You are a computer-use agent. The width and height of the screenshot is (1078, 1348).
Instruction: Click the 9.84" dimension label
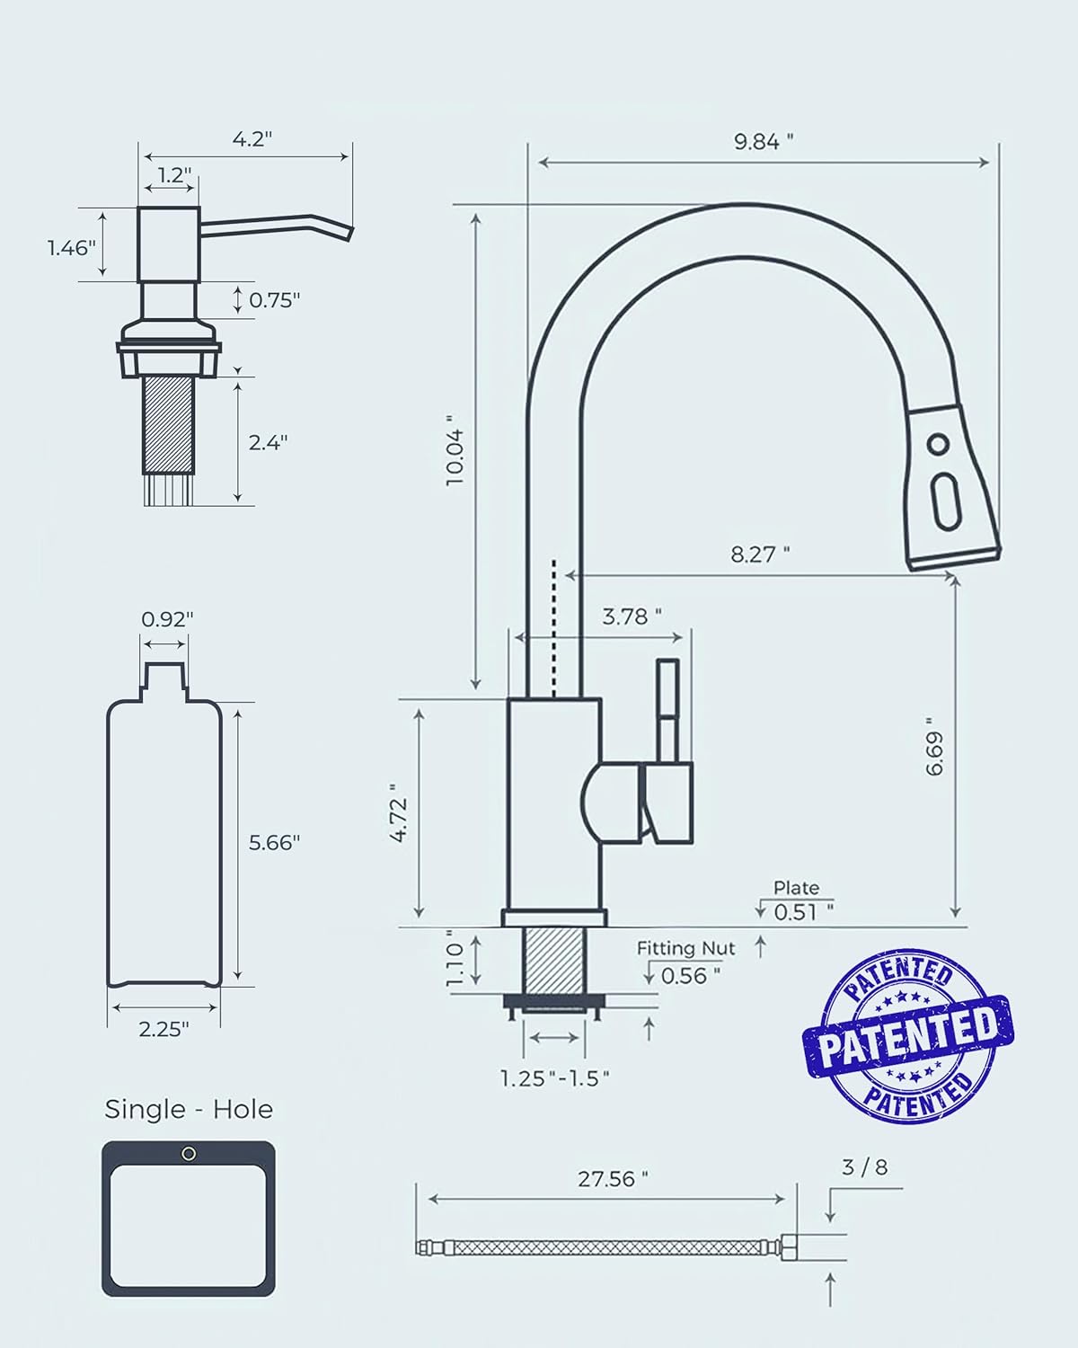[x=764, y=141]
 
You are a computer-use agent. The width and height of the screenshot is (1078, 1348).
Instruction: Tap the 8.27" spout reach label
[x=760, y=554]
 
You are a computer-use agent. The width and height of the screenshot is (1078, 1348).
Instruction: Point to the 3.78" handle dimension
[x=632, y=616]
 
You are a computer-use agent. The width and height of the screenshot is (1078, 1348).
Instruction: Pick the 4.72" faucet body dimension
[x=401, y=819]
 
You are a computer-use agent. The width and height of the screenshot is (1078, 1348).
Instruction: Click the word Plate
[x=797, y=888]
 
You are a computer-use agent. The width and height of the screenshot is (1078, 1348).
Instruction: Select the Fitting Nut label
[x=686, y=948]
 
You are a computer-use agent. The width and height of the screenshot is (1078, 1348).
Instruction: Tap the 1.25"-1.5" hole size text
[x=555, y=1078]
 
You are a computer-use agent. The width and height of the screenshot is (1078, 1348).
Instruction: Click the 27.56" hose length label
[x=613, y=1179]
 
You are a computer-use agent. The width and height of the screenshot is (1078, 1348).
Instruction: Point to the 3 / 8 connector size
[x=864, y=1167]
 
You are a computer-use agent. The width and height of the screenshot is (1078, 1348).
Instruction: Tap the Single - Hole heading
[x=189, y=1109]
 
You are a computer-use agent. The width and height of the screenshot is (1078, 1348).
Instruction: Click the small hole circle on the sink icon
[x=189, y=1154]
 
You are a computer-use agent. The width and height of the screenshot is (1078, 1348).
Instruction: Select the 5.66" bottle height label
[x=274, y=842]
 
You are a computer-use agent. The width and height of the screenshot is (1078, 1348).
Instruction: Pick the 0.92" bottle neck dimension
[x=167, y=619]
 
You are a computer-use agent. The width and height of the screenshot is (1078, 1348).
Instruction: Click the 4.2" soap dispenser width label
[x=252, y=139]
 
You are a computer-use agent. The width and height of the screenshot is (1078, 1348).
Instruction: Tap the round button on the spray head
[x=938, y=444]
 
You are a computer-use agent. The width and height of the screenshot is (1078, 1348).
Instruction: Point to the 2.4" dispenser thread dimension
[x=269, y=442]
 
